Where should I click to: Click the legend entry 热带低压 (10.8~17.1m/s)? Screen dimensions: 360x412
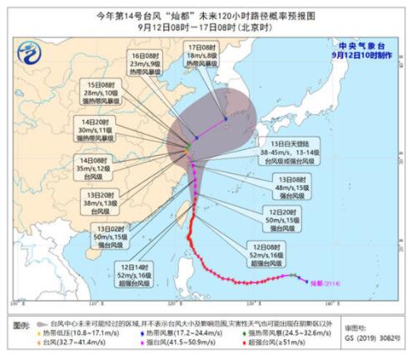tap(58, 332)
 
